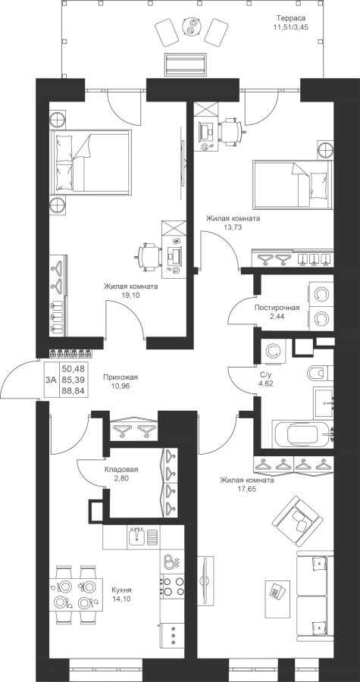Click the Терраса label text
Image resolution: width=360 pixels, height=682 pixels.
tap(291, 18)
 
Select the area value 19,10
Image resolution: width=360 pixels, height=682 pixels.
tap(130, 295)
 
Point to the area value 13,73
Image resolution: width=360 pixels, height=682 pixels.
tap(233, 227)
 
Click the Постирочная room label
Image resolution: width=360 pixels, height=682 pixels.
tap(277, 308)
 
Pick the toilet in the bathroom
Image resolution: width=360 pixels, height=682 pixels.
tap(320, 372)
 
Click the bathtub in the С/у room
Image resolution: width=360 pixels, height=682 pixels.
tap(302, 434)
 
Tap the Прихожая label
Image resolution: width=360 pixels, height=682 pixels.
tap(117, 377)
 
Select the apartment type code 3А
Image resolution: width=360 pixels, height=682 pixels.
tap(51, 380)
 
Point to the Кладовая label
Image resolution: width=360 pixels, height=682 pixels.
tap(121, 470)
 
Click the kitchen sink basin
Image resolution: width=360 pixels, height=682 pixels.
tap(137, 536)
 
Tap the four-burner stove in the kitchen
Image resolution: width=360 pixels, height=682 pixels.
tap(173, 586)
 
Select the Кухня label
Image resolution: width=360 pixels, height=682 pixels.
tap(121, 590)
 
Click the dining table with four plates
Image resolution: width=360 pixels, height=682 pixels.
tap(76, 595)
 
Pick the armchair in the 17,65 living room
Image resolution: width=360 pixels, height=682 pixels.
tap(299, 517)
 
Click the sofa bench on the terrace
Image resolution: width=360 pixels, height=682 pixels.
tap(185, 64)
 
